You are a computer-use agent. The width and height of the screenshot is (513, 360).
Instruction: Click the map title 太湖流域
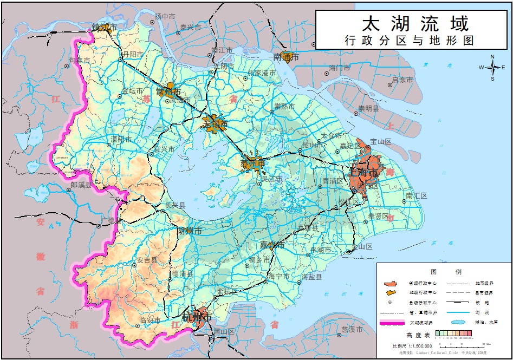(x=414, y=23)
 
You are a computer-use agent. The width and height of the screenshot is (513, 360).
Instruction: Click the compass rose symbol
(x=492, y=68)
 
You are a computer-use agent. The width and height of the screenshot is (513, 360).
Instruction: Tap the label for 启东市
(x=402, y=80)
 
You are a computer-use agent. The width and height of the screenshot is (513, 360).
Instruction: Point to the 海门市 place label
(x=340, y=68)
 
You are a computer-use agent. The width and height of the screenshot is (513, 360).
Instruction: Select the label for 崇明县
(x=369, y=109)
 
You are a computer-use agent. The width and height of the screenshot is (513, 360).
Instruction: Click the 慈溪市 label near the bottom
(x=352, y=329)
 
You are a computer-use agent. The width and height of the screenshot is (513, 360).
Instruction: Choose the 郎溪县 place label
(x=81, y=185)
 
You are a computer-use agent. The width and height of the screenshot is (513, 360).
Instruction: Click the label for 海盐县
(x=312, y=277)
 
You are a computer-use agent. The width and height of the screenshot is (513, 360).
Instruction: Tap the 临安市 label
(x=150, y=320)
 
